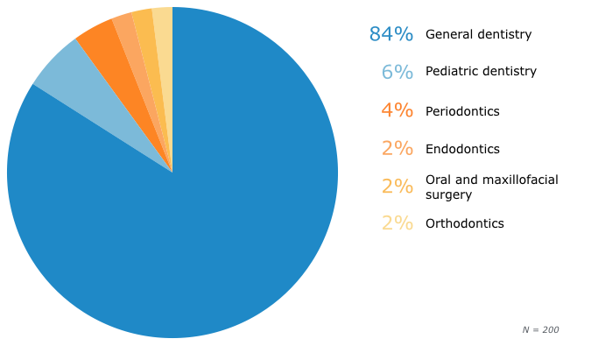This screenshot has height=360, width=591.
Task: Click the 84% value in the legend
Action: point(390,34)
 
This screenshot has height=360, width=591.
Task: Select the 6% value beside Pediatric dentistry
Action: point(397,72)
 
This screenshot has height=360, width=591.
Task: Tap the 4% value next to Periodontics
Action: point(397,111)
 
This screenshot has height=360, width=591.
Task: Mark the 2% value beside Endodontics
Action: point(397,149)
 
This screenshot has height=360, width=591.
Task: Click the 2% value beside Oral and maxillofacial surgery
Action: point(397,187)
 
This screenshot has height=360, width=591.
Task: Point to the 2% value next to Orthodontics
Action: point(397,223)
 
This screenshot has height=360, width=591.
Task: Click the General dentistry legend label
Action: point(478,34)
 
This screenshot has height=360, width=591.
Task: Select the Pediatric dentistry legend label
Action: point(481,71)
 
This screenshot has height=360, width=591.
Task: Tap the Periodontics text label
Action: point(462,111)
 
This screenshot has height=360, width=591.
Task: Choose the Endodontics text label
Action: point(462,149)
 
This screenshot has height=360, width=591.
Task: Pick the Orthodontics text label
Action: point(464,223)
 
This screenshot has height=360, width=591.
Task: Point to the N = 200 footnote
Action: point(540,329)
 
